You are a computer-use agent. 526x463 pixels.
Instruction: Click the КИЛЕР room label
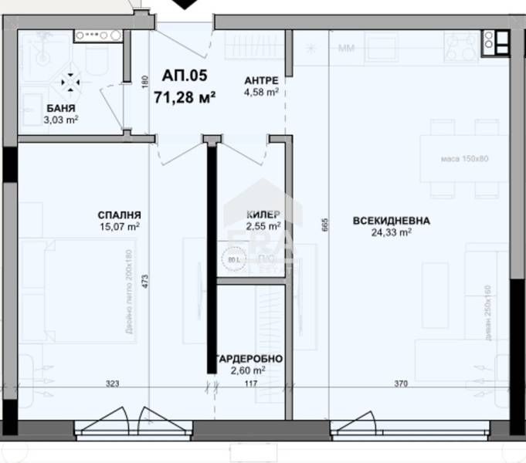point(263,215)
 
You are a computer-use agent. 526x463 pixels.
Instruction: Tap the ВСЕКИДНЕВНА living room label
point(392,221)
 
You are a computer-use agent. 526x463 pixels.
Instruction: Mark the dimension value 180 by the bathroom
point(144,81)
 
